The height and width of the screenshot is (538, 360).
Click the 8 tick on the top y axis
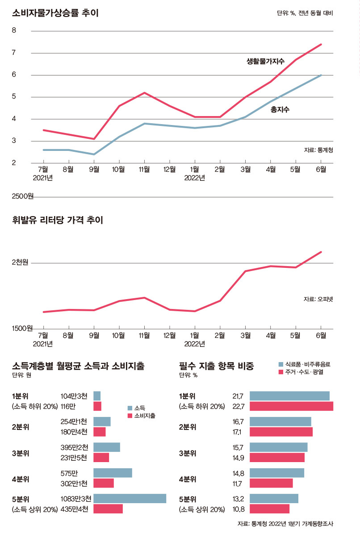(14, 31)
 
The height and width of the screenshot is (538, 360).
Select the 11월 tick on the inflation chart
(144, 169)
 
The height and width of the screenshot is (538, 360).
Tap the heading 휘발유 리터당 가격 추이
(58, 220)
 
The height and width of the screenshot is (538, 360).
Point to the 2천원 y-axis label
(20, 263)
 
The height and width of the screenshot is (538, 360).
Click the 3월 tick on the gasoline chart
(245, 335)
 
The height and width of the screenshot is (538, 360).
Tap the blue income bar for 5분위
(130, 498)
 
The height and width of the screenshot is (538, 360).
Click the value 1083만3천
(75, 498)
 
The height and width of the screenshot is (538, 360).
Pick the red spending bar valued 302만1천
(104, 483)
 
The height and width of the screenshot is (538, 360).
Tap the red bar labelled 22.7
(291, 406)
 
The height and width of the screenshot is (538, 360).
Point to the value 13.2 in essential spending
(238, 498)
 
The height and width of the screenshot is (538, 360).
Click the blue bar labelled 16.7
(280, 421)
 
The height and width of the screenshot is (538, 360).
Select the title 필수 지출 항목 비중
(216, 366)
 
